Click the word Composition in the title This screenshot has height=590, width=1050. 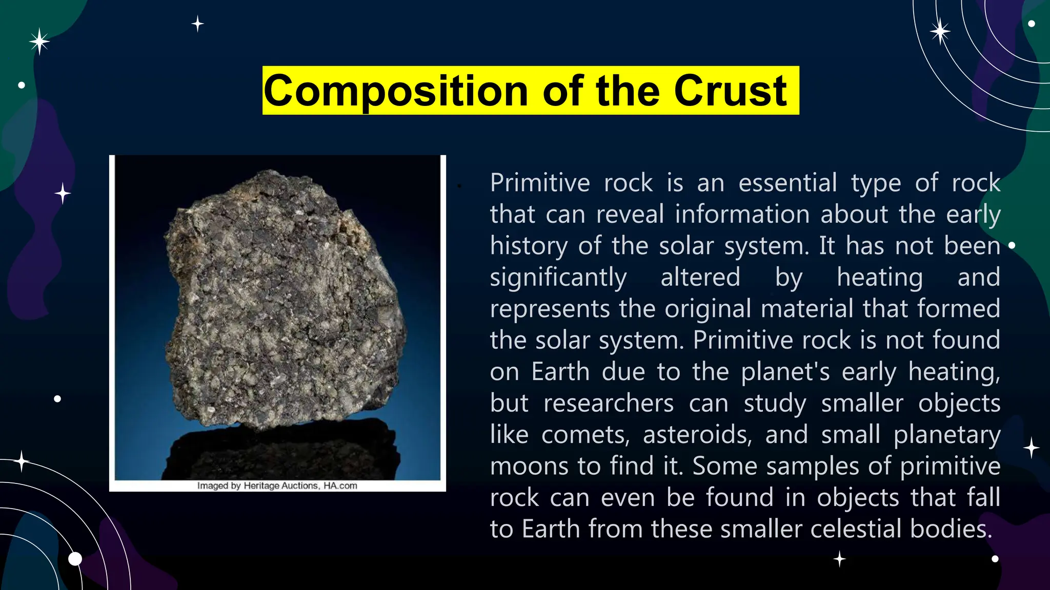click(x=395, y=91)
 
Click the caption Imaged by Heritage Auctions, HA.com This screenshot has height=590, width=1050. click(x=277, y=486)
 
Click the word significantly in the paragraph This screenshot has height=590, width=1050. click(x=558, y=278)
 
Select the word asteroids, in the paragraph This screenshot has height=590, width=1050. click(x=697, y=435)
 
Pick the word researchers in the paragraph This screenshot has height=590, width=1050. click(x=609, y=403)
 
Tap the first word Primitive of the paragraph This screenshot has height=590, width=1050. click(x=540, y=183)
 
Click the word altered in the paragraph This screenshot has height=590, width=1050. click(x=700, y=278)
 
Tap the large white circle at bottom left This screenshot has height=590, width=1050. click(x=75, y=559)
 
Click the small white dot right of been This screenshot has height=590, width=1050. click(x=1012, y=245)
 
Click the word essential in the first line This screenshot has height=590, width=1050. click(x=787, y=183)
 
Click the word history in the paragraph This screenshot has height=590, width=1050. click(x=528, y=246)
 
